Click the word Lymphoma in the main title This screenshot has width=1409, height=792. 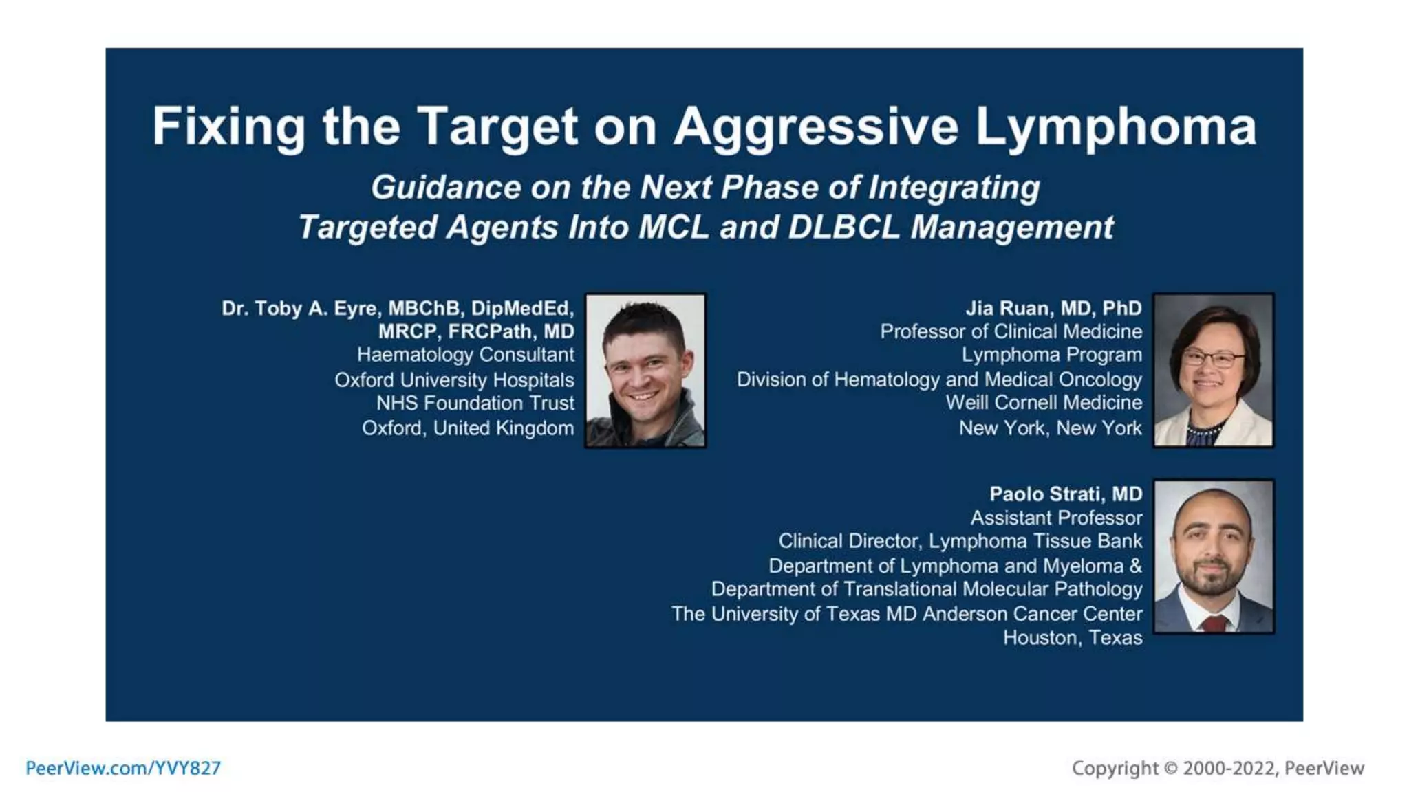click(x=1115, y=127)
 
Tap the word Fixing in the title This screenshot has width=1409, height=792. click(x=228, y=127)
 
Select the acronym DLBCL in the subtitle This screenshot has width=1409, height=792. click(x=843, y=228)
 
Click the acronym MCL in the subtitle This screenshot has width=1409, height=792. click(x=673, y=228)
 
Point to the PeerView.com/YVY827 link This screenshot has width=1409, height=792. click(x=123, y=768)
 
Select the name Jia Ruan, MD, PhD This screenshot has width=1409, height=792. click(x=1053, y=308)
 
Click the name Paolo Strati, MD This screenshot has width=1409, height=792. click(x=1065, y=494)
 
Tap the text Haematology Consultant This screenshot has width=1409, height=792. click(x=465, y=355)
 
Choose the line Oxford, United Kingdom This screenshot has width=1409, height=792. click(x=468, y=428)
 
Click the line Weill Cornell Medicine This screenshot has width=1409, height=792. click(x=1043, y=403)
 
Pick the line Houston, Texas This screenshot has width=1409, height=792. click(x=1072, y=638)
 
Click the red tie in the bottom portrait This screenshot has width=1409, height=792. click(x=1214, y=624)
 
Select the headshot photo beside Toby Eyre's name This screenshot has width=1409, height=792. click(x=645, y=371)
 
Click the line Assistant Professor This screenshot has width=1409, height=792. click(x=1055, y=518)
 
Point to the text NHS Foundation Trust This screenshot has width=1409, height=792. click(x=475, y=403)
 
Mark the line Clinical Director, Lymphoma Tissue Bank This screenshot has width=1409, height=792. click(x=960, y=541)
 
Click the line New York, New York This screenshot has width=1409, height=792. click(x=1050, y=428)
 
